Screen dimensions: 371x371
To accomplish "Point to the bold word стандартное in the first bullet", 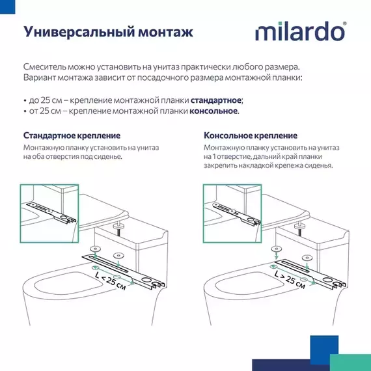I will coord(216,100).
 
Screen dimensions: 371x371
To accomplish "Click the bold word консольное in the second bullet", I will coord(213,111).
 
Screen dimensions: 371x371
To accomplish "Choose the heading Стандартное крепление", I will coord(72,135).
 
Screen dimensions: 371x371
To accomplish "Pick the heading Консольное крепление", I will coord(251,135).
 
